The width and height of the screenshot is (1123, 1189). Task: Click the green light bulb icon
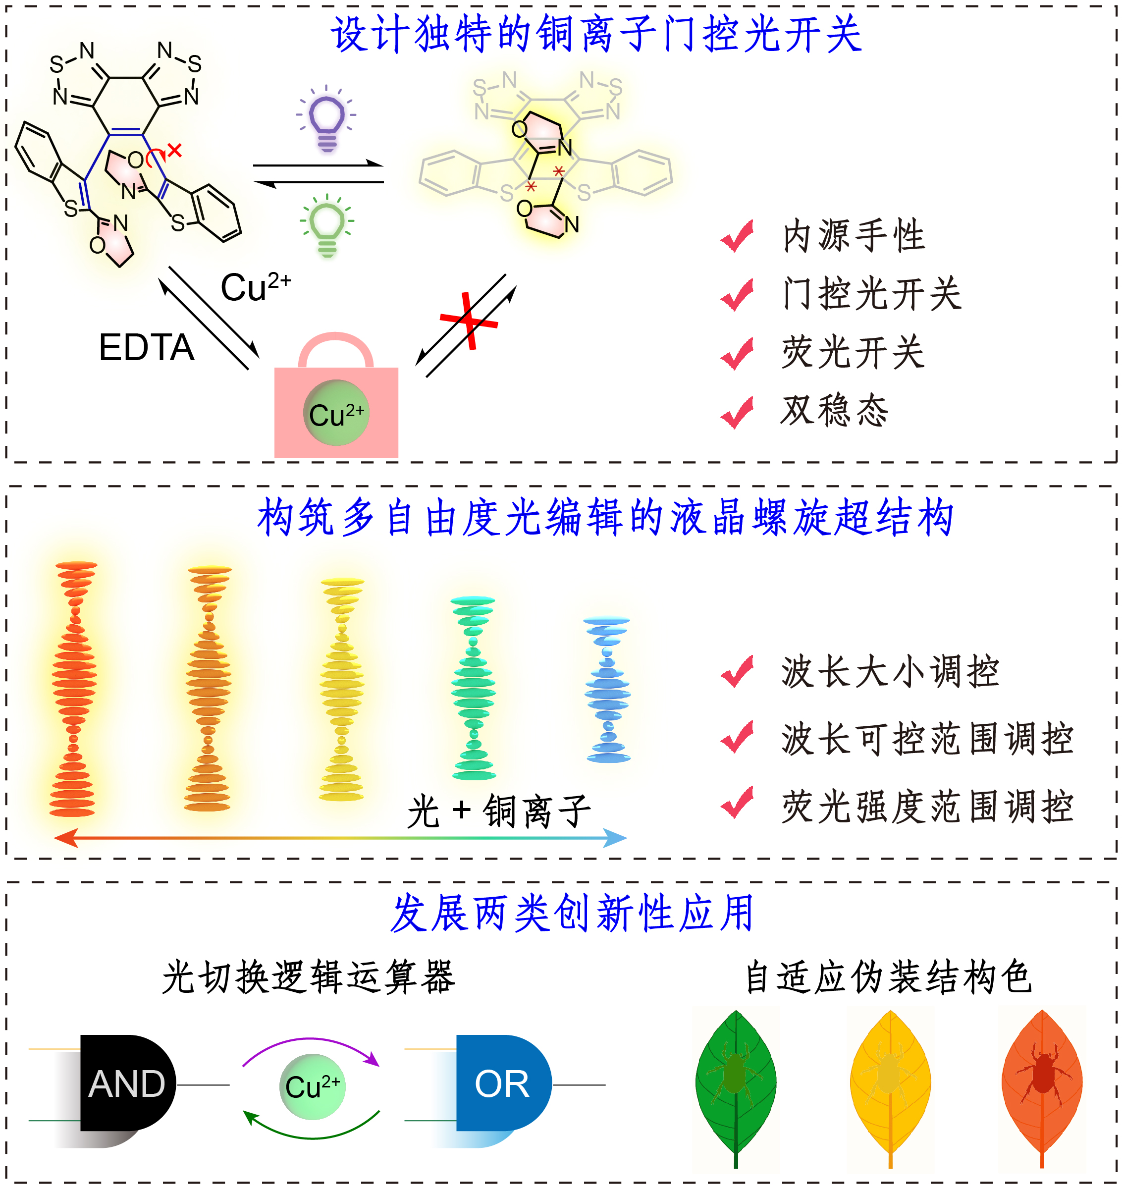point(326,225)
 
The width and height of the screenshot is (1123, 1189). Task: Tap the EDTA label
point(147,347)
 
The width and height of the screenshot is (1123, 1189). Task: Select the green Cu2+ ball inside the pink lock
point(336,414)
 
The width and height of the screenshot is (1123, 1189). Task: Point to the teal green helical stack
point(474,689)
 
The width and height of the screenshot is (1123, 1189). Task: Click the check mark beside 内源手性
point(738,236)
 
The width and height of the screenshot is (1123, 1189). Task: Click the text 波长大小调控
point(890,672)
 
